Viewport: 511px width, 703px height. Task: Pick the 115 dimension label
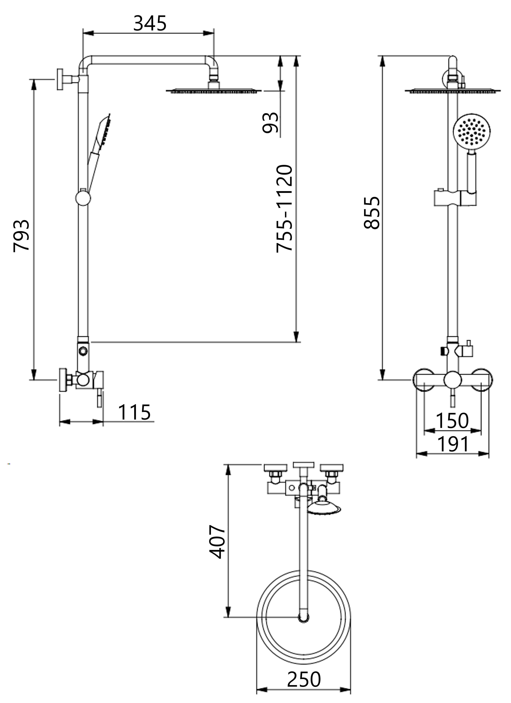(134, 412)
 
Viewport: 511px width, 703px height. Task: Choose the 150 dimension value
(452, 421)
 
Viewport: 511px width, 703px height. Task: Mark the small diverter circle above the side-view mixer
(83, 351)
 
